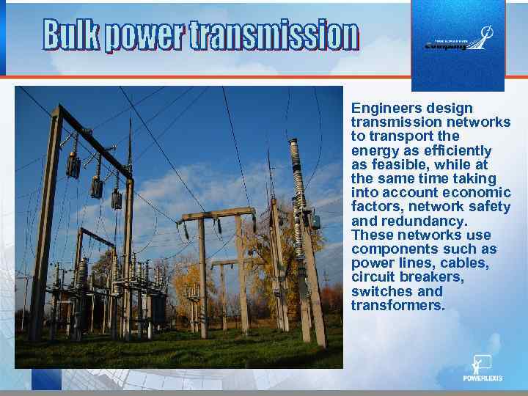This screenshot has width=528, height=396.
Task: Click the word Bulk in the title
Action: click(71, 35)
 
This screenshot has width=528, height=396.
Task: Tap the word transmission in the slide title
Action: click(274, 35)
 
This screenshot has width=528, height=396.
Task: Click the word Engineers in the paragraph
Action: click(381, 109)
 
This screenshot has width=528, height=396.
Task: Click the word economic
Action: click(477, 193)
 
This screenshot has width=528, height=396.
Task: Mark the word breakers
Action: click(438, 277)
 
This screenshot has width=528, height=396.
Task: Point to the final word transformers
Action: click(397, 305)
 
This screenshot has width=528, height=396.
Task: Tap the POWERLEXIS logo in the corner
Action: click(482, 368)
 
